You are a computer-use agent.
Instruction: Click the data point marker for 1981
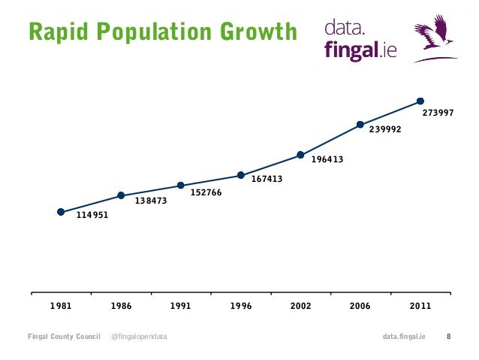click(61, 212)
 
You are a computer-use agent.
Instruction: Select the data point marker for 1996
click(241, 175)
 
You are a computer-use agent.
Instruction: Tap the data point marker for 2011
click(420, 101)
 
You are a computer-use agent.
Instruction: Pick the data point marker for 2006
click(360, 124)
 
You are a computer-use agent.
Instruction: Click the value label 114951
click(93, 216)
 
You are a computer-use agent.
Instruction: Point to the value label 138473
click(151, 201)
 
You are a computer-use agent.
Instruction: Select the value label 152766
click(206, 192)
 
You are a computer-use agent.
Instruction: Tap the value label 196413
click(327, 159)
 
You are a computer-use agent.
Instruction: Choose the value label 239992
click(385, 129)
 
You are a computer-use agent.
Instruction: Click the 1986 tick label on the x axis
click(121, 307)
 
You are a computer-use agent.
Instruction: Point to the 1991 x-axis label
click(181, 307)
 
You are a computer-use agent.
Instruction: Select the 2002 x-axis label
click(300, 307)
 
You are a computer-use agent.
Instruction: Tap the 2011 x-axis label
click(420, 307)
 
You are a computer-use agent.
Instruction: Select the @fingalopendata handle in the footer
click(139, 336)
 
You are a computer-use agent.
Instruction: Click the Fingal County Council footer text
click(64, 336)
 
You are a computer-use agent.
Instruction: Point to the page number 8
click(449, 336)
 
